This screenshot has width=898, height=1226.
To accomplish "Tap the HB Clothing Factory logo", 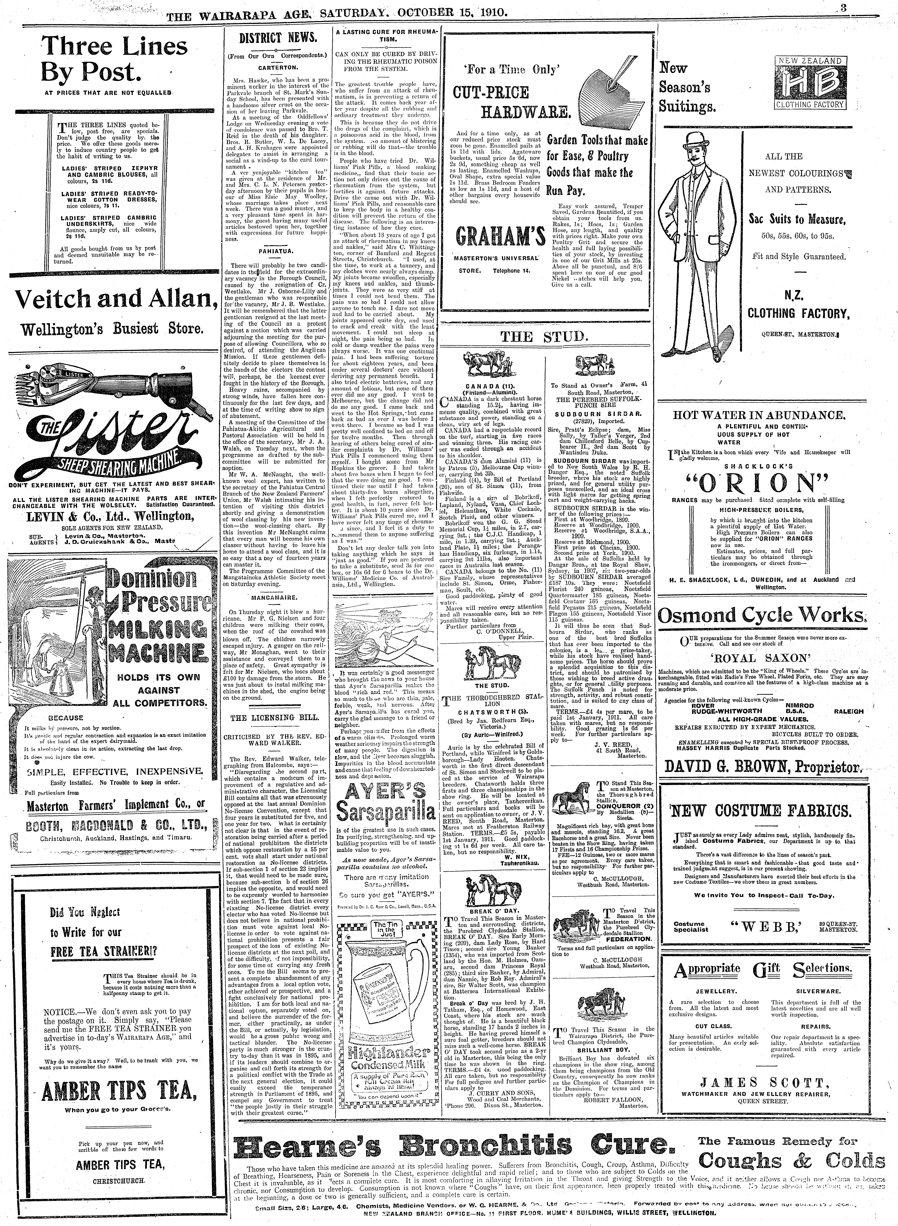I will click(810, 82).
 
